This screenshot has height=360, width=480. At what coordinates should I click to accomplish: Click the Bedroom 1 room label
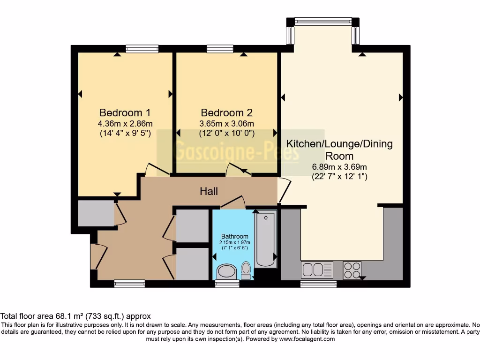(125, 112)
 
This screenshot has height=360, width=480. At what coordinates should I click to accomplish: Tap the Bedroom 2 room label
(226, 112)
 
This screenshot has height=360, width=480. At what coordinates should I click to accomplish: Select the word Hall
(209, 191)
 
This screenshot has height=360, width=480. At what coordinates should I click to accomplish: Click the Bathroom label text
(235, 236)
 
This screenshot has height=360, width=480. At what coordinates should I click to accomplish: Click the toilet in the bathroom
(246, 270)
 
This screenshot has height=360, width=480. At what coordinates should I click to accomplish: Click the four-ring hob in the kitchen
(352, 270)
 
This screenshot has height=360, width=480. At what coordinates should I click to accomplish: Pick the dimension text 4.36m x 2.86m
(125, 124)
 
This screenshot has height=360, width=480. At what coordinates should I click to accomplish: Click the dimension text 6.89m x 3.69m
(339, 167)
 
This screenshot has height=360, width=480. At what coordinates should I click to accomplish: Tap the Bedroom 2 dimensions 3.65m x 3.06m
(226, 124)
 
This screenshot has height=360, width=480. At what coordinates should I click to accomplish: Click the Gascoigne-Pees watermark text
(236, 150)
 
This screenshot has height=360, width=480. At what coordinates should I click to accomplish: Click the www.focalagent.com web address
(307, 339)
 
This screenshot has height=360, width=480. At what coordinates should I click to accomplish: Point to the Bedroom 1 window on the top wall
(142, 49)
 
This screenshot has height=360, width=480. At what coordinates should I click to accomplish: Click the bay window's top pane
(323, 21)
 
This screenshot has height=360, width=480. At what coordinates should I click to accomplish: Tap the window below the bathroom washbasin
(227, 284)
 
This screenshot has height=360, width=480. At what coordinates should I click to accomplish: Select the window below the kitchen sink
(318, 284)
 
